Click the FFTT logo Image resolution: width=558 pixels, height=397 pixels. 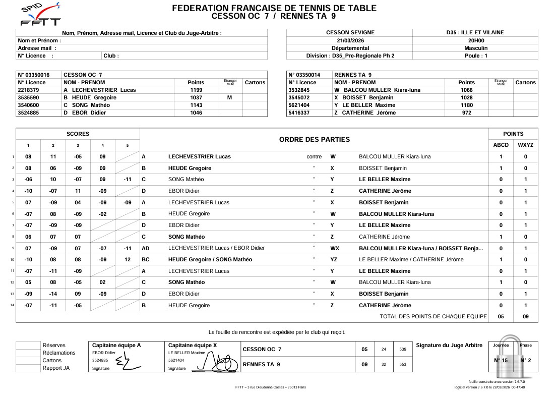(40, 15)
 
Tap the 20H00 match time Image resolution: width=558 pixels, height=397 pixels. (475, 40)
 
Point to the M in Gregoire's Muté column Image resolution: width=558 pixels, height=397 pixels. (230, 98)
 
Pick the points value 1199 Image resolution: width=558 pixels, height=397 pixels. (196, 90)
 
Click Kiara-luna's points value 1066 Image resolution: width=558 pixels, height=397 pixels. (466, 90)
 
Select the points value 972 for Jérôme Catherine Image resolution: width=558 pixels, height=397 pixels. (466, 113)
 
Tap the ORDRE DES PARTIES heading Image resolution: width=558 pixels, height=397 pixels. (314, 139)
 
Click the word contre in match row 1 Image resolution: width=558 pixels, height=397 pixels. (314, 156)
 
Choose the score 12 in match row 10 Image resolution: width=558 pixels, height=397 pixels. (128, 259)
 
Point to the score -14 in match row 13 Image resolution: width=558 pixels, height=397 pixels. (53, 294)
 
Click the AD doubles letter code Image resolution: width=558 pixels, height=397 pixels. (146, 248)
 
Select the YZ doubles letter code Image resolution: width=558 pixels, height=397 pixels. (334, 259)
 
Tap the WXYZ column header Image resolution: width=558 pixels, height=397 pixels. (525, 145)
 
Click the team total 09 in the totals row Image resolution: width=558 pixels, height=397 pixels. (525, 317)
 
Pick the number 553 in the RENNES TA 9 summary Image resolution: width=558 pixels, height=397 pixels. (402, 364)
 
